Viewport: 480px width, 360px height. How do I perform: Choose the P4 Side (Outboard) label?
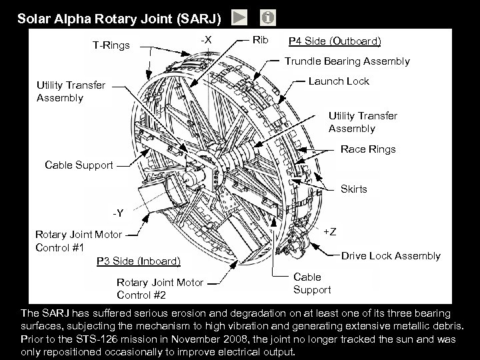click(334, 41)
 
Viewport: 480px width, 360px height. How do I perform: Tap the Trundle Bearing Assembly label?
click(347, 61)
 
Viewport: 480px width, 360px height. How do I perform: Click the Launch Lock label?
click(339, 81)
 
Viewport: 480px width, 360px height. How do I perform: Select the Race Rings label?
click(368, 149)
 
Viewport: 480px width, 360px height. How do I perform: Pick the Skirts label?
click(353, 189)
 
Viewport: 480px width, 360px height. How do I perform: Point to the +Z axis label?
click(329, 231)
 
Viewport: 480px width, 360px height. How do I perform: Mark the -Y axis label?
click(118, 213)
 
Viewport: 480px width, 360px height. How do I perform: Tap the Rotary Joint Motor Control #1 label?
click(78, 240)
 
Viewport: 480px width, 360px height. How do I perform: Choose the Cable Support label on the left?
click(78, 165)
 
